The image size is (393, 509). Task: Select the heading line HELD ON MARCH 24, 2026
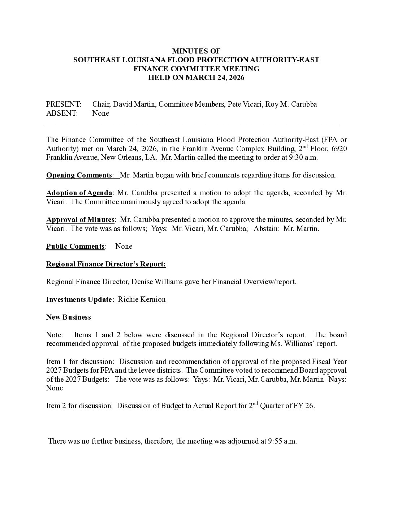click(196, 77)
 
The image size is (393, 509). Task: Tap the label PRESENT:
click(64, 104)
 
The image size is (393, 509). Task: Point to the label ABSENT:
click(62, 113)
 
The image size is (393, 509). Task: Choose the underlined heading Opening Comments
click(79, 175)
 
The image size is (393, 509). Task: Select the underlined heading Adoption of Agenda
click(79, 193)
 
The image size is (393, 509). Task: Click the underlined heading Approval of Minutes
click(80, 220)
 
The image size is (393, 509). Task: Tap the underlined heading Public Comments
click(75, 247)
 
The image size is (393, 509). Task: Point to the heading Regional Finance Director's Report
click(106, 264)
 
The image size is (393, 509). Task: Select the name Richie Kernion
click(142, 300)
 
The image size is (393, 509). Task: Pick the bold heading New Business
click(69, 317)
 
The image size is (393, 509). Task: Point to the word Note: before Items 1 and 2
click(55, 335)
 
